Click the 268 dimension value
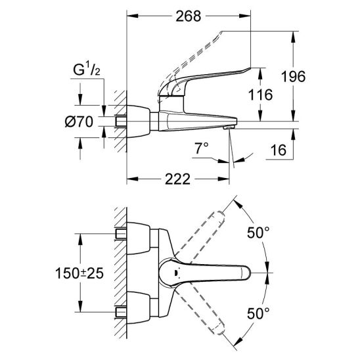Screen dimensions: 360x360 189,16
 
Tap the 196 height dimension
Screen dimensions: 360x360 294,76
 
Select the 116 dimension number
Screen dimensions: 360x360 261,95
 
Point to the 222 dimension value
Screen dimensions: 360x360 178,179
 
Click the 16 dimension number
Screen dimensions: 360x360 279,150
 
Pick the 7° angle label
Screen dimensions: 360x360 202,148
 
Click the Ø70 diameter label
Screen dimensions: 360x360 79,122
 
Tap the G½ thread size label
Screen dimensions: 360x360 87,70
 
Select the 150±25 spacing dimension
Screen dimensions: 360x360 79,273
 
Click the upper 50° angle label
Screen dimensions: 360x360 258,233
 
